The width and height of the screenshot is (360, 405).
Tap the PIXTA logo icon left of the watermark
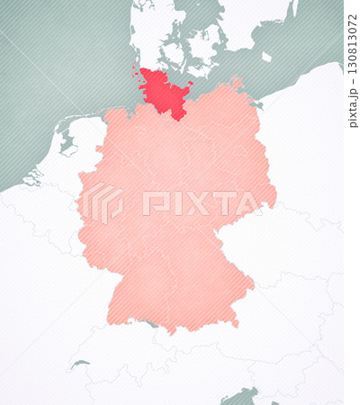104,203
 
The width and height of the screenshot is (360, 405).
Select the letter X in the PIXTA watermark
189,203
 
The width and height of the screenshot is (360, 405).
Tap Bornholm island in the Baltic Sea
266,57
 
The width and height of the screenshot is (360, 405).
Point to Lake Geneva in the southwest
80,364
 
